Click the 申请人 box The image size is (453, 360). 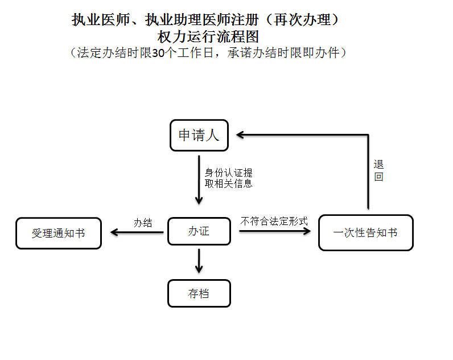[199, 136]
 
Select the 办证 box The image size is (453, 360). [199, 231]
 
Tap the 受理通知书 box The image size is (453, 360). [59, 234]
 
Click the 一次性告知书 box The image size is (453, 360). [365, 233]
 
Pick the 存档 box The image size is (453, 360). [199, 293]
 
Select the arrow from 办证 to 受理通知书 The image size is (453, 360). [137, 232]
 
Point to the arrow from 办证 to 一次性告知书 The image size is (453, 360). [275, 231]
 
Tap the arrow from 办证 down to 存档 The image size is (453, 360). [199, 261]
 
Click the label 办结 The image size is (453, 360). [143, 223]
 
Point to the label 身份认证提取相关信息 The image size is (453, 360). [228, 178]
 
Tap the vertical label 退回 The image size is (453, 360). [378, 170]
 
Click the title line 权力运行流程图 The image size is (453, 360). [208, 37]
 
